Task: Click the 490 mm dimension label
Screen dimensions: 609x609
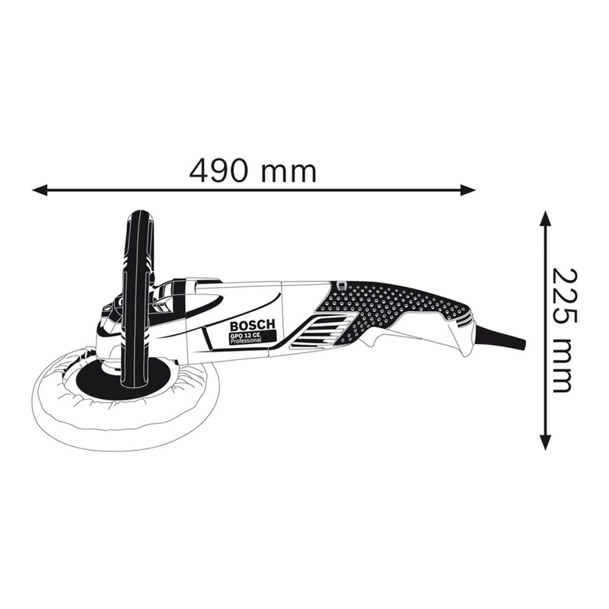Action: [253, 170]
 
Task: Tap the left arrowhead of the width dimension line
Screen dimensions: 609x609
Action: [40, 190]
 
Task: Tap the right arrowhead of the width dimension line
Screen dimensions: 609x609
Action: [467, 190]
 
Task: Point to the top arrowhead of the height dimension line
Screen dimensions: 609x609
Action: [546, 218]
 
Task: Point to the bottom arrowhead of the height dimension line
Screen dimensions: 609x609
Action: [546, 442]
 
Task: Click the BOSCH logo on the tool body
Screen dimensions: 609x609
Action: [253, 325]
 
